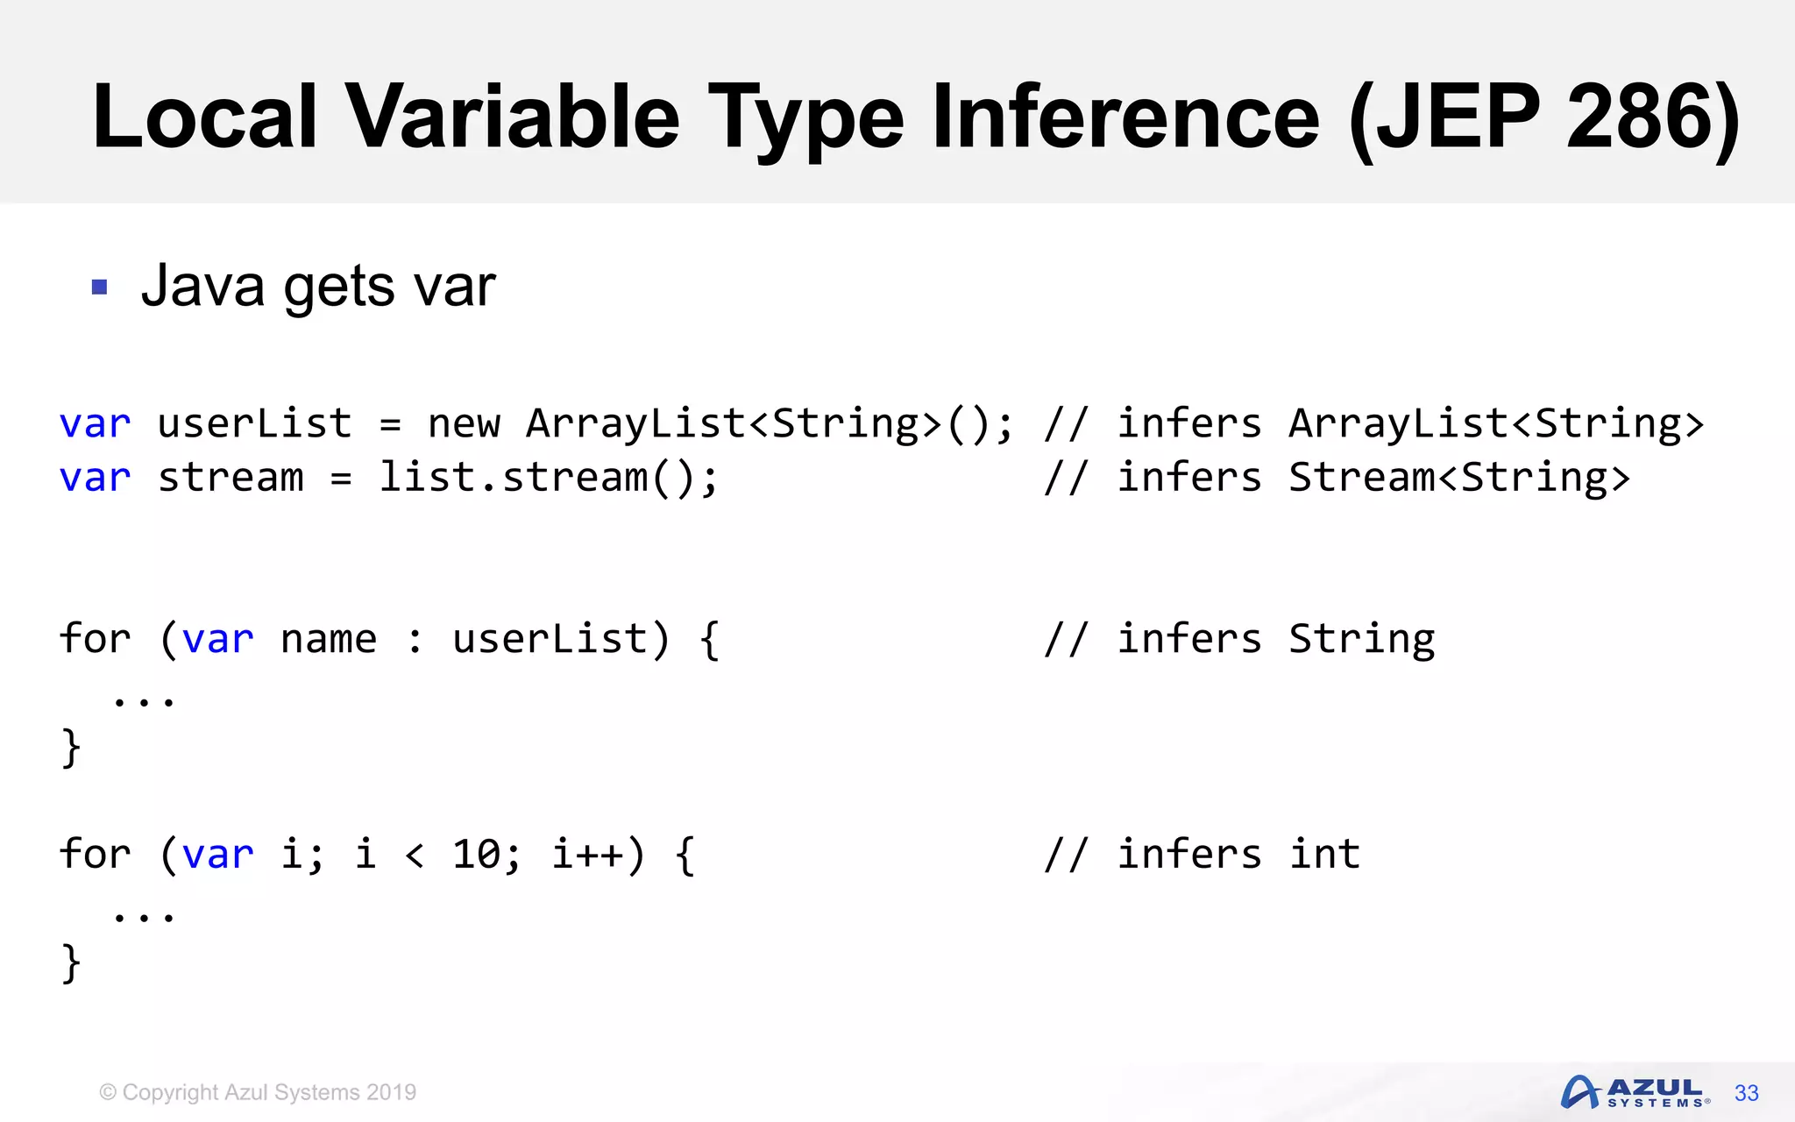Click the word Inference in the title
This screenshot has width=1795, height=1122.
click(1125, 117)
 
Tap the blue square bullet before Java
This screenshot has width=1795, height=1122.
click(99, 287)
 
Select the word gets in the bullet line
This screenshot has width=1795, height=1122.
click(338, 287)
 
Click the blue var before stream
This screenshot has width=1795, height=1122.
click(95, 479)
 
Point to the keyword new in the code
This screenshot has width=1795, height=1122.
click(464, 424)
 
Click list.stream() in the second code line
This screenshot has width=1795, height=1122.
click(548, 479)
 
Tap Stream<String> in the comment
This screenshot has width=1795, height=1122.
click(1458, 479)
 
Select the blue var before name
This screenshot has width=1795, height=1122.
click(218, 639)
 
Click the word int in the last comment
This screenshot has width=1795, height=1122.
click(1324, 855)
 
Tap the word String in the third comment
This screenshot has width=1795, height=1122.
click(1361, 639)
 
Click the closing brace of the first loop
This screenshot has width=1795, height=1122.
click(71, 748)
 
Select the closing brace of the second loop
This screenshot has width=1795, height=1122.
click(71, 962)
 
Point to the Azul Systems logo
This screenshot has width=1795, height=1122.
click(1635, 1092)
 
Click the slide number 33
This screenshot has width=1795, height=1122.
click(1746, 1093)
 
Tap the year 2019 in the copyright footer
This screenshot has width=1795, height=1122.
click(391, 1092)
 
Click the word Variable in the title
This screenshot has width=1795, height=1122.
click(513, 117)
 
